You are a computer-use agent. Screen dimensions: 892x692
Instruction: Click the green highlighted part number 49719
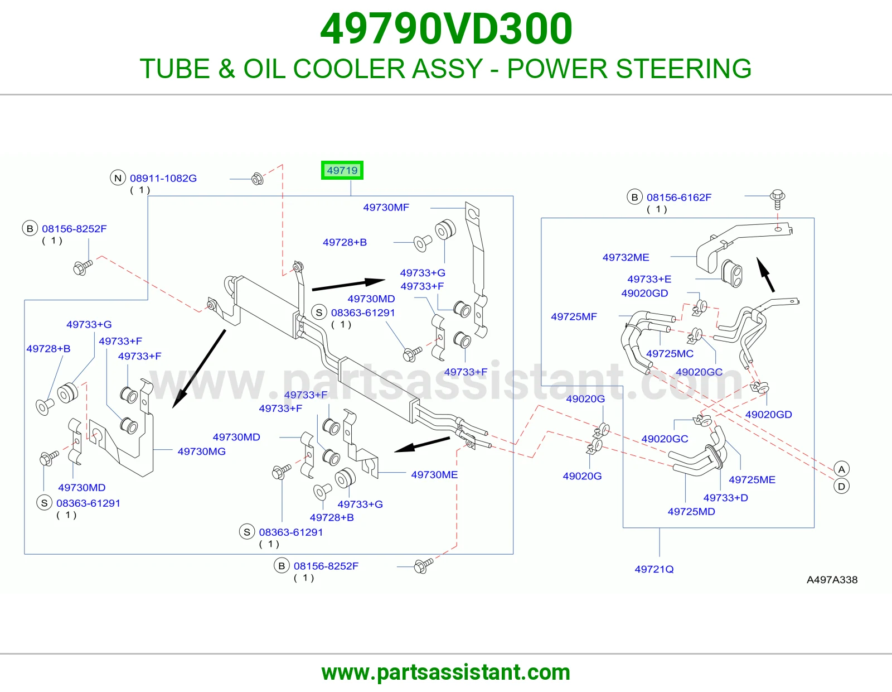pos(342,170)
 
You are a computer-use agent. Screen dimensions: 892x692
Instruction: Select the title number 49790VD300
pos(446,29)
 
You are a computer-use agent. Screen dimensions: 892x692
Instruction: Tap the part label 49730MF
pos(386,208)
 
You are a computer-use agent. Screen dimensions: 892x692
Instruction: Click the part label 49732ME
pos(626,258)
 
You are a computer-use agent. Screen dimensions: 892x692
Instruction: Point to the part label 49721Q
pos(654,569)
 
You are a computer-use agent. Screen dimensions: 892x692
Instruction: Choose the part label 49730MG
pos(202,451)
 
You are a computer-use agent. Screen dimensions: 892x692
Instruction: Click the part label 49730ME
pos(434,474)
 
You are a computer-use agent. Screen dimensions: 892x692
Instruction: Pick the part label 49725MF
pos(574,316)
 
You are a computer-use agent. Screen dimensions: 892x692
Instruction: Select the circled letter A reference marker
pos(841,469)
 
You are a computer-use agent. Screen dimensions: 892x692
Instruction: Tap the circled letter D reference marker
pos(841,487)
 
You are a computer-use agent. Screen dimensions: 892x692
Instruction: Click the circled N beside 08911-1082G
pos(118,178)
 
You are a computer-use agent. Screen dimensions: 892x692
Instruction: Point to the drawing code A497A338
pos(832,580)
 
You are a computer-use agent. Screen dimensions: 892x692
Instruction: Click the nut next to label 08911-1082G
pos(258,179)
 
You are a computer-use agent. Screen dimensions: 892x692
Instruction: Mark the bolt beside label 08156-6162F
pos(778,199)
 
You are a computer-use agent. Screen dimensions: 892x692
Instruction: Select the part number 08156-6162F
pos(679,197)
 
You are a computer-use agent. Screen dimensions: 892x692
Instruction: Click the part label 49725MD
pos(691,512)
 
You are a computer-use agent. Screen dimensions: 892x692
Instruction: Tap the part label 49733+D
pos(726,498)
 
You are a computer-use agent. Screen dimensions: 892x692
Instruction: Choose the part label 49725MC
pos(670,353)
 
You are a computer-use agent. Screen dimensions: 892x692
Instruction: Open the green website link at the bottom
pos(446,672)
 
